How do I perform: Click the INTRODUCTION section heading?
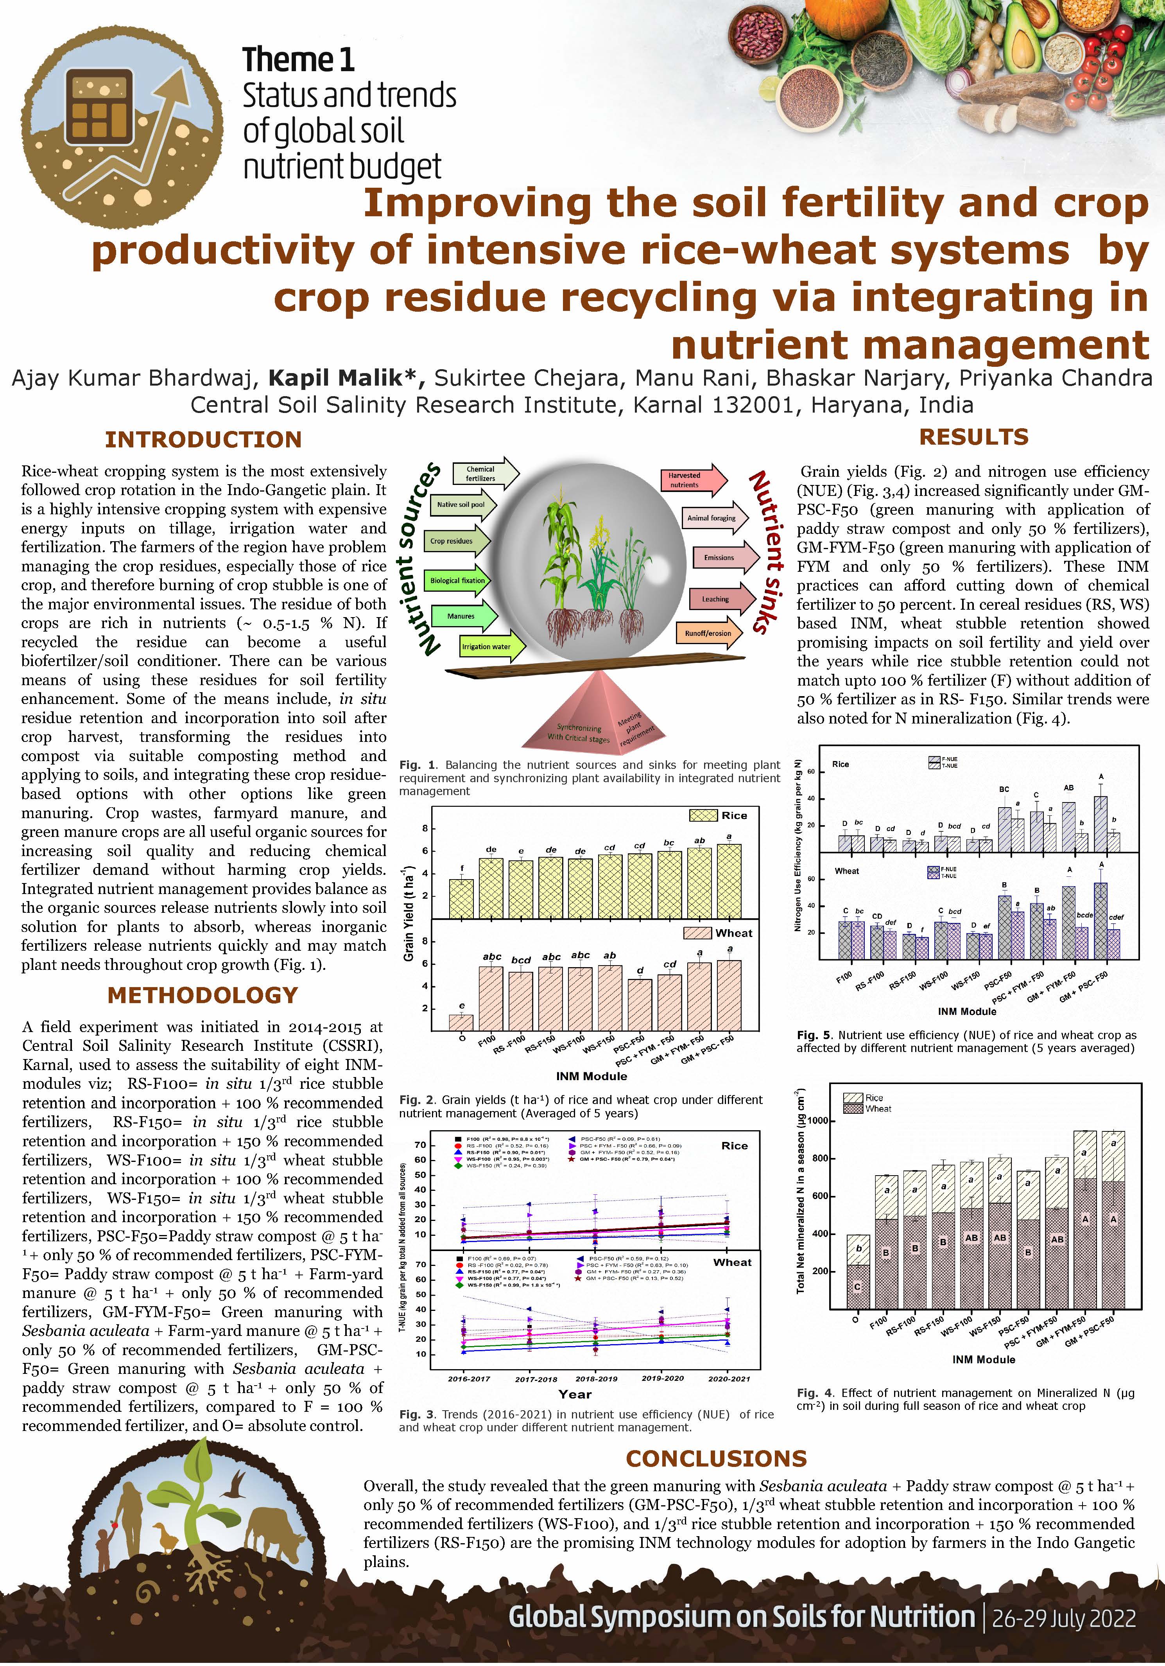(x=203, y=440)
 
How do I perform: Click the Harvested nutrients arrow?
(x=692, y=479)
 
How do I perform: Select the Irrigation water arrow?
(x=492, y=646)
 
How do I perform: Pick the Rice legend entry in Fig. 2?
(x=718, y=815)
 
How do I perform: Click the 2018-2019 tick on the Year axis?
(x=596, y=1379)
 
